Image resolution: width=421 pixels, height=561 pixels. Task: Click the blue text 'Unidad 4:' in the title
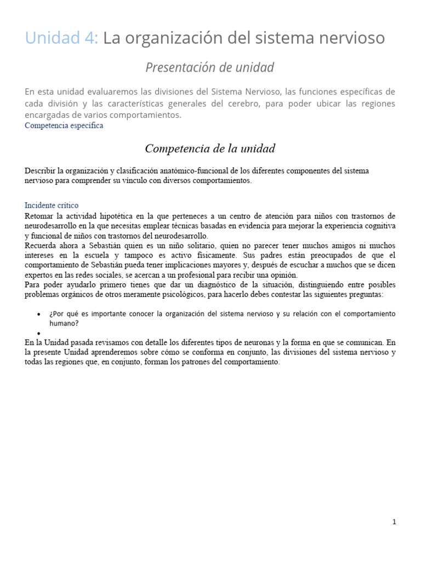click(x=61, y=38)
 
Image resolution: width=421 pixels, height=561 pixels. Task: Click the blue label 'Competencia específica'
click(x=64, y=125)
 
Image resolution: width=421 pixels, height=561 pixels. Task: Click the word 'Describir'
click(x=40, y=171)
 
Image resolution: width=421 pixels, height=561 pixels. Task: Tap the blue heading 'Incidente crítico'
click(x=52, y=205)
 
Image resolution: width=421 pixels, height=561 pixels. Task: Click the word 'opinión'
click(x=283, y=275)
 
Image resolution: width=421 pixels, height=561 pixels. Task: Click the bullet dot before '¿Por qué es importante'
click(x=38, y=314)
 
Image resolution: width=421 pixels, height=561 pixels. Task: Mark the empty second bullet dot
click(x=38, y=333)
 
